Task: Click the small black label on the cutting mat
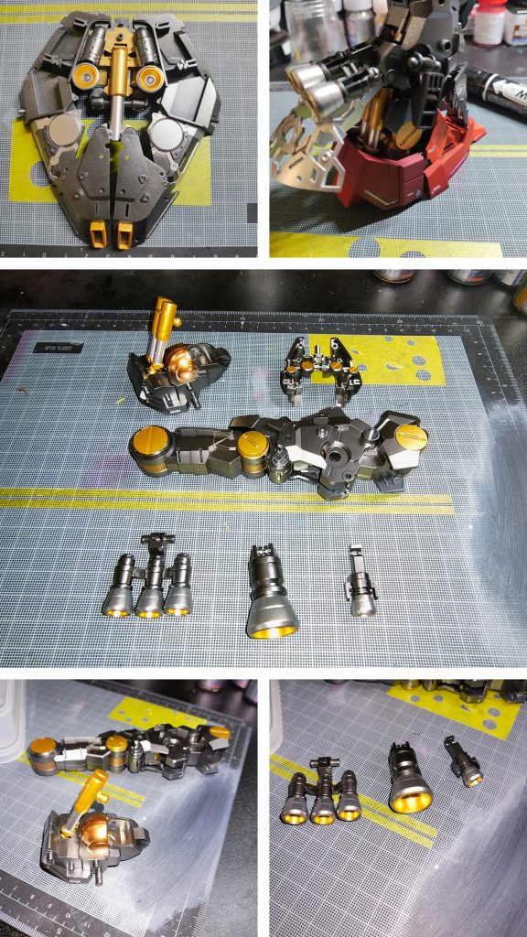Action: click(58, 348)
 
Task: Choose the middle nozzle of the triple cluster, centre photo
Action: click(149, 586)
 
